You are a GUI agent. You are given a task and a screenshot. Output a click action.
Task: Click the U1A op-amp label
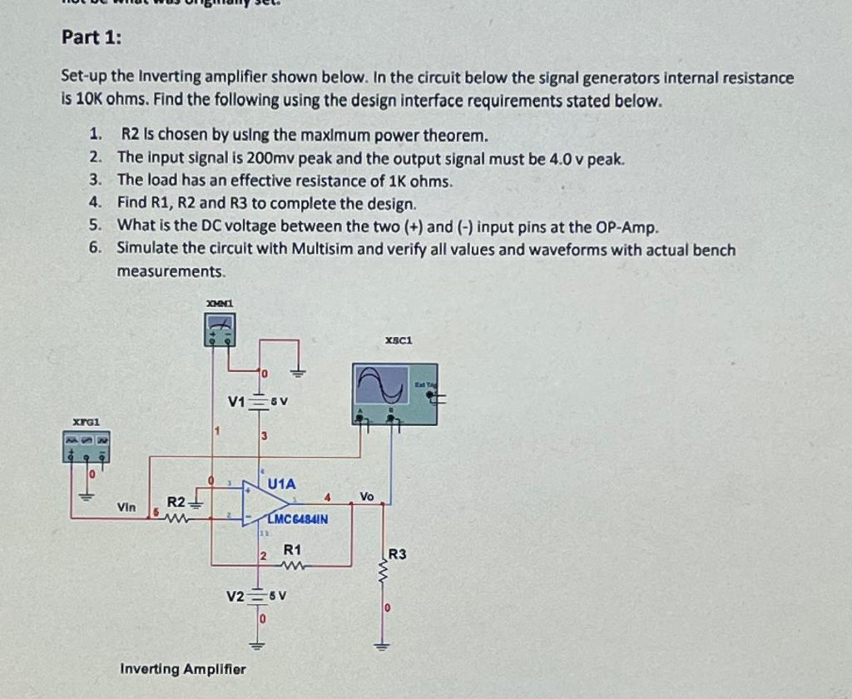click(x=281, y=483)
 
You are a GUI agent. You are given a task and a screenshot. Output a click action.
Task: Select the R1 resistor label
click(x=292, y=550)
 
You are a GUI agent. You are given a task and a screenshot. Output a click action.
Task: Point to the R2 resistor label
click(x=176, y=502)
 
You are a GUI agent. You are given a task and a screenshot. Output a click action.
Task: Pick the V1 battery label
click(x=237, y=402)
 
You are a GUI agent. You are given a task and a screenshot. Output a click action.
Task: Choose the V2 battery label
click(x=236, y=597)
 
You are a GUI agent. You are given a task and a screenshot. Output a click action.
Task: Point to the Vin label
click(x=126, y=506)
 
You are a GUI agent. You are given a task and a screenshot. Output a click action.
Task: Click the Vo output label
click(x=367, y=496)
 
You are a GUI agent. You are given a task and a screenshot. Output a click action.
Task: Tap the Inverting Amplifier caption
click(x=183, y=668)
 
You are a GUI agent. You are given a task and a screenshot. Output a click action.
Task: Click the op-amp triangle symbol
click(x=262, y=503)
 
